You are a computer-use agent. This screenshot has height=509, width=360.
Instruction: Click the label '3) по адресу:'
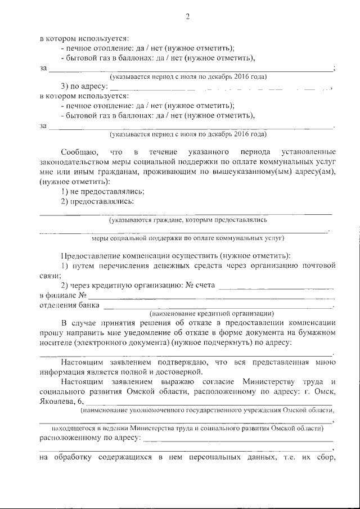point(83,87)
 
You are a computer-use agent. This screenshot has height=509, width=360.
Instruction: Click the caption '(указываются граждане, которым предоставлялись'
point(188,220)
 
